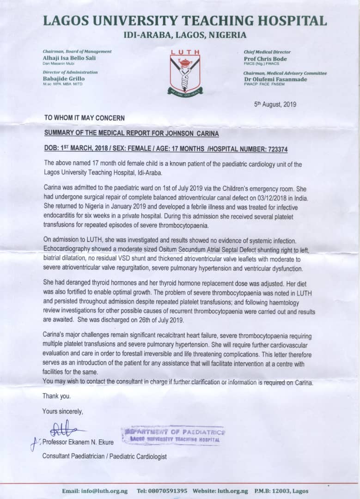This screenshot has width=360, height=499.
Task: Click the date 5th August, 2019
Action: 275,104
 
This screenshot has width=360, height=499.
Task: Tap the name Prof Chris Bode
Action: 265,59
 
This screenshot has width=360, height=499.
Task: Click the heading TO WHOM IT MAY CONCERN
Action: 84,118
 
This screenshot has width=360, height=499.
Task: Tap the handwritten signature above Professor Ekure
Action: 62,428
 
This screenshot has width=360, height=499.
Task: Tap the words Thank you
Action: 56,396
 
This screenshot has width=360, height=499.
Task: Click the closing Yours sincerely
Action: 63,411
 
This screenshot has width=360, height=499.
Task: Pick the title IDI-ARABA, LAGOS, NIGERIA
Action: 185,35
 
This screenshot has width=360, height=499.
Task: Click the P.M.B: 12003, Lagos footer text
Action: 281,491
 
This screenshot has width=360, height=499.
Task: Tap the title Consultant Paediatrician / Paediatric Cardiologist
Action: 104,456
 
